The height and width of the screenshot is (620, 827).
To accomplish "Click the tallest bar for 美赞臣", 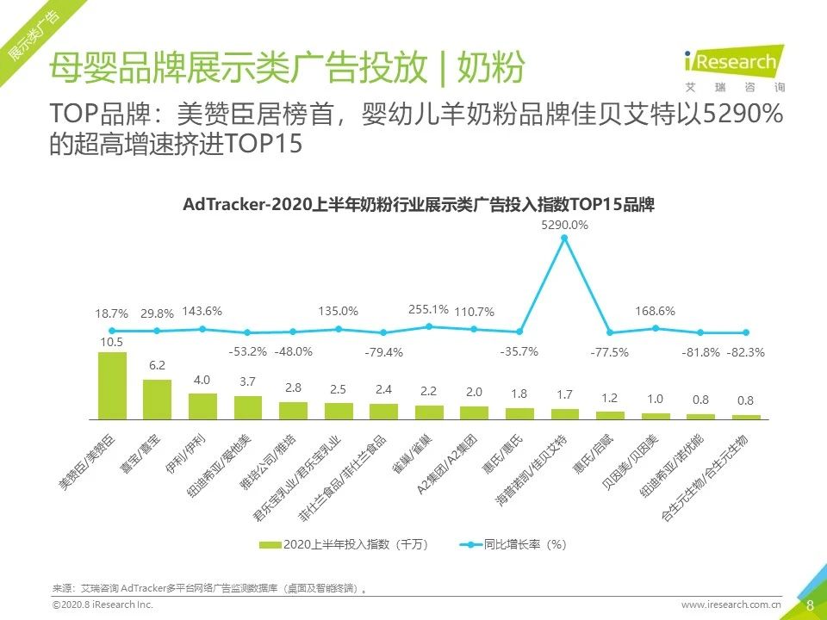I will [112, 385].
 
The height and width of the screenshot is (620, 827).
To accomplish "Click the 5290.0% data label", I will [564, 225].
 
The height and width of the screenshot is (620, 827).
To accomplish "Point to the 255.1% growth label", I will [428, 310].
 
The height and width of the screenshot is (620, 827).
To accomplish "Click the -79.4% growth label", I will [383, 351].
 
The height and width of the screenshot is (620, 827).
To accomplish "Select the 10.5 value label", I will [112, 342].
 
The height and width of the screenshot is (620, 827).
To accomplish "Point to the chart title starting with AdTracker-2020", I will [419, 206].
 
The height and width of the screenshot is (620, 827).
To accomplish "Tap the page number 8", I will [809, 604].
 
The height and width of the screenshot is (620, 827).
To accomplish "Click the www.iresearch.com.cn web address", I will [731, 605].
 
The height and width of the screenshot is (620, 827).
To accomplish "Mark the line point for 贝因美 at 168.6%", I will [656, 328].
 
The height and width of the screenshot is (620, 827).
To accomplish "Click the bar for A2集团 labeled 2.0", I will [474, 412].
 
